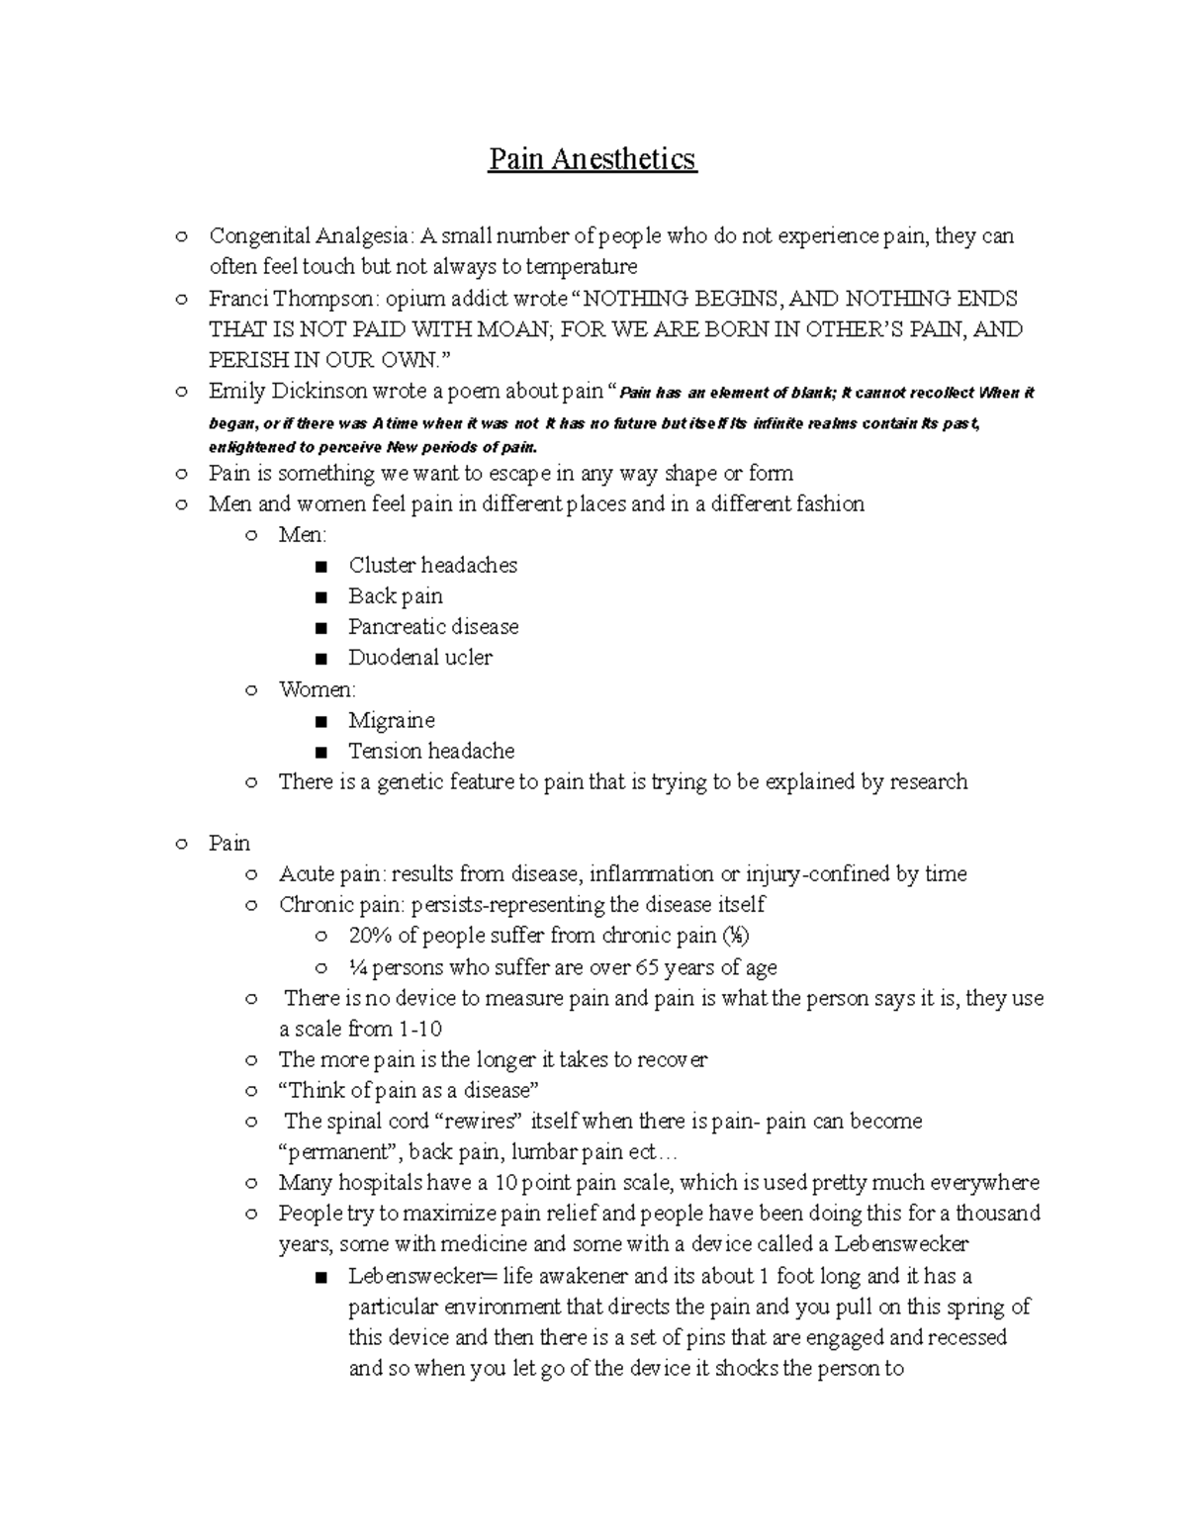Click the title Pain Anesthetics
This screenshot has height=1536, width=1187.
[x=592, y=159]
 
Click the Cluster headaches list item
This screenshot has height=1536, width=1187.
[x=432, y=566]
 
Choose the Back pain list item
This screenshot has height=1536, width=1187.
[x=395, y=596]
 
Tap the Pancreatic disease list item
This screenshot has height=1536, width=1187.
[x=432, y=627]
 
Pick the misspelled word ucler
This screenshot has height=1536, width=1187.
[x=467, y=658]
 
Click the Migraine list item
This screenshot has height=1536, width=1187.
[x=391, y=720]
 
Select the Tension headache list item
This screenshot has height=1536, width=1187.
[x=430, y=751]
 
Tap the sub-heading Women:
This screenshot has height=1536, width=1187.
[x=317, y=689]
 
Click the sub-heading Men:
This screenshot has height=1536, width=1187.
[x=302, y=535]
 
